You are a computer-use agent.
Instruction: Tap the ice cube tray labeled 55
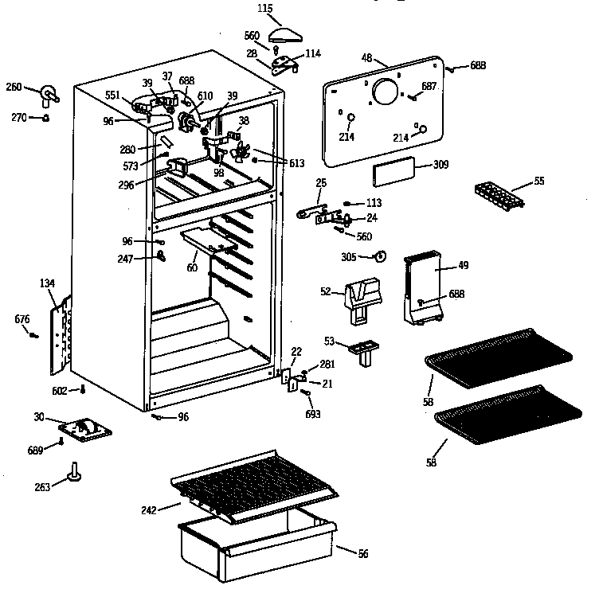tap(498, 194)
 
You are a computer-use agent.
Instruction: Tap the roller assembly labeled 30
tap(85, 430)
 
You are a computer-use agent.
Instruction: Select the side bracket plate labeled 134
tap(58, 334)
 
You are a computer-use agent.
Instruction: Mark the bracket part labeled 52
tap(362, 298)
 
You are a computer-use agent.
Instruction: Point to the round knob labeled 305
tap(380, 256)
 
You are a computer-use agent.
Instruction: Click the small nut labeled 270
tap(46, 119)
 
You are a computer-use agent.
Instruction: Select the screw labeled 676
tap(33, 335)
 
